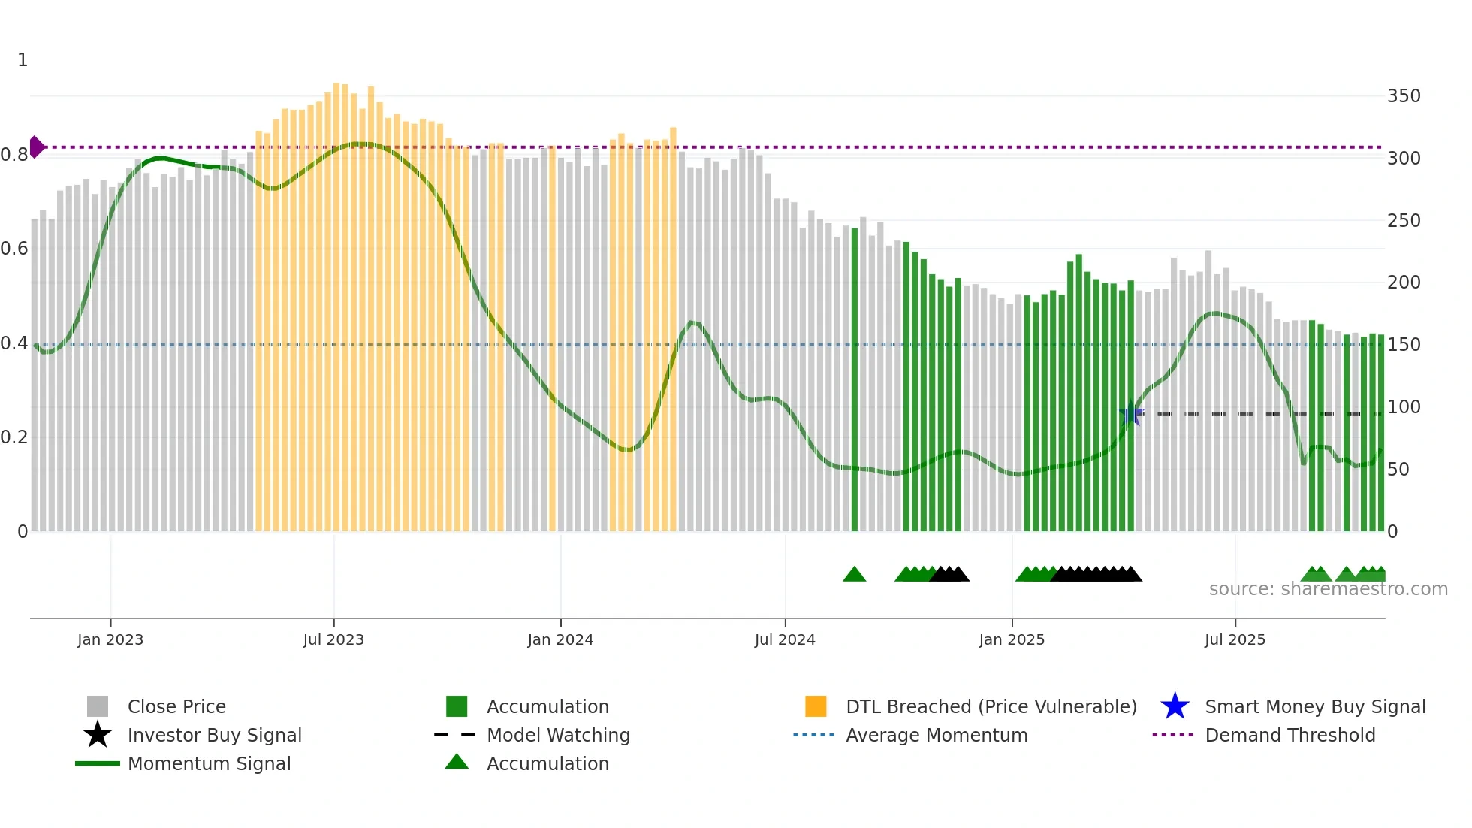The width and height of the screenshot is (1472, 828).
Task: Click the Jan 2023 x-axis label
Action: pos(110,639)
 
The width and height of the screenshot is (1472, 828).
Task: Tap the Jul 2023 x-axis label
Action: pos(333,639)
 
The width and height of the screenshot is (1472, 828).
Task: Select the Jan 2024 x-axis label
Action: pos(560,639)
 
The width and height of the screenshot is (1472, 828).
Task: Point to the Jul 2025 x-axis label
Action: pos(1235,639)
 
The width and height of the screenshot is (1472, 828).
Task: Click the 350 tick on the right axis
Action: pos(1403,96)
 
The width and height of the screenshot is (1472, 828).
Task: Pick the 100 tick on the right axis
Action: pos(1403,407)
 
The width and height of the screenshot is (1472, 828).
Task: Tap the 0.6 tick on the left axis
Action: pos(14,249)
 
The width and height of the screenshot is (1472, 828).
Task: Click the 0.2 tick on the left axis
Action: pos(14,437)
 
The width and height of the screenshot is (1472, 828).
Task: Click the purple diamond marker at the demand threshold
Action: pos(36,147)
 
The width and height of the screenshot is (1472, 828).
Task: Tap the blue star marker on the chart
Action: pos(1131,413)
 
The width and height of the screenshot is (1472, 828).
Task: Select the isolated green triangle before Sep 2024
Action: pos(854,575)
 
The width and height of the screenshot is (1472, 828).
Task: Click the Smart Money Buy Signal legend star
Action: pos(1175,706)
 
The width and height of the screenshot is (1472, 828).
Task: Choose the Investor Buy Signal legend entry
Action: pos(214,735)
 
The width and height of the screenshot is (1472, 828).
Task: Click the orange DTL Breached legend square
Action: pos(816,706)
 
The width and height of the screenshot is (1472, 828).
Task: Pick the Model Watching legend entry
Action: pos(557,735)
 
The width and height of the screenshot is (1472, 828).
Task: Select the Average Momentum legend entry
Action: pos(936,735)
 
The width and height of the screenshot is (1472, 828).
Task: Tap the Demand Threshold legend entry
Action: pos(1290,735)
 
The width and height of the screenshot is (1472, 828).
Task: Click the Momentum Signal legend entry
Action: pos(209,763)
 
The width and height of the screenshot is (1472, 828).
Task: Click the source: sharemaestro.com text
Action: pos(1328,589)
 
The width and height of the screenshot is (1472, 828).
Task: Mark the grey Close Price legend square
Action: pos(98,706)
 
